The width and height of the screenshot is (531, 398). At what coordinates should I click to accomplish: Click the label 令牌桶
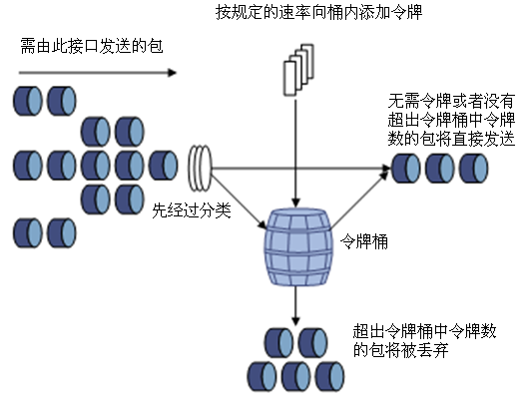coord(365,240)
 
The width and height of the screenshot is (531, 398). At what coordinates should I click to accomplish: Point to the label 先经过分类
coord(186,211)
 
